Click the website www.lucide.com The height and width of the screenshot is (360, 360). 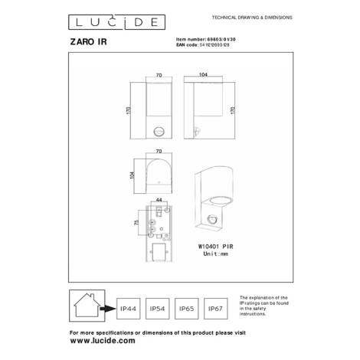(x=98, y=341)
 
